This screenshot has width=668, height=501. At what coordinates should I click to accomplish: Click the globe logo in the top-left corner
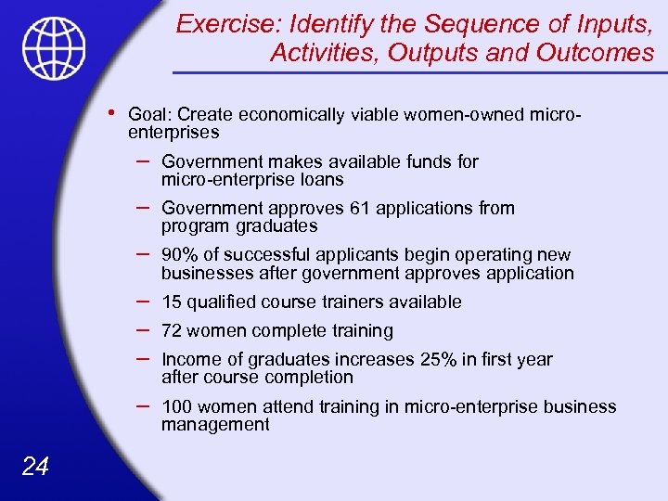[x=55, y=48]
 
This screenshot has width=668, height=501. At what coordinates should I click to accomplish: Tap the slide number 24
[x=34, y=466]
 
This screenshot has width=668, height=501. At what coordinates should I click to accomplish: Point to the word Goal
[x=148, y=115]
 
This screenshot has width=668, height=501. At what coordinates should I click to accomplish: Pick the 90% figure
[x=177, y=254]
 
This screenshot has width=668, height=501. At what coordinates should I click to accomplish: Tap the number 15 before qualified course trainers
[x=172, y=302]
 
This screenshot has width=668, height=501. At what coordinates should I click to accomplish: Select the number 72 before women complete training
[x=173, y=330]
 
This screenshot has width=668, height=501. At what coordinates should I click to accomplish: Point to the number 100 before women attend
[x=177, y=406]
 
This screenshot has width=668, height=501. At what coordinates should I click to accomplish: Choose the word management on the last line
[x=215, y=425]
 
